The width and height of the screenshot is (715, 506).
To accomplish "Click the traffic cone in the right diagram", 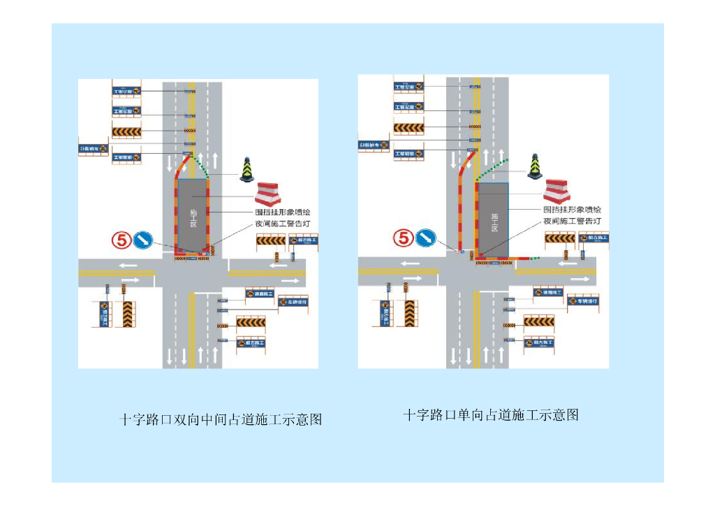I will tap(535, 166).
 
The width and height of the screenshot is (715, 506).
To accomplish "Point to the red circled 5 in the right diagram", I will tap(404, 238).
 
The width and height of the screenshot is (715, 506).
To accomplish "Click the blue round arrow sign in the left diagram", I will tap(144, 240).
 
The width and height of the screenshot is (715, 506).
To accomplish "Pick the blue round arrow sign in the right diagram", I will tap(425, 238).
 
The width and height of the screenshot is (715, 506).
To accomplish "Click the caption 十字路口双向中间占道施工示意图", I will tap(221, 419).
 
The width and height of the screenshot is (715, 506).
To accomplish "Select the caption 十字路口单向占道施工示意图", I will tap(491, 414).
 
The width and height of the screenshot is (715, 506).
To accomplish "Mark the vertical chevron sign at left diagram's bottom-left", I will tap(128, 314).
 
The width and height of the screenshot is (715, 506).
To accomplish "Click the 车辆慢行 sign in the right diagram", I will tap(582, 301).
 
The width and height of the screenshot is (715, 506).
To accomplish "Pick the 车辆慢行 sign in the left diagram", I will tap(293, 302).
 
